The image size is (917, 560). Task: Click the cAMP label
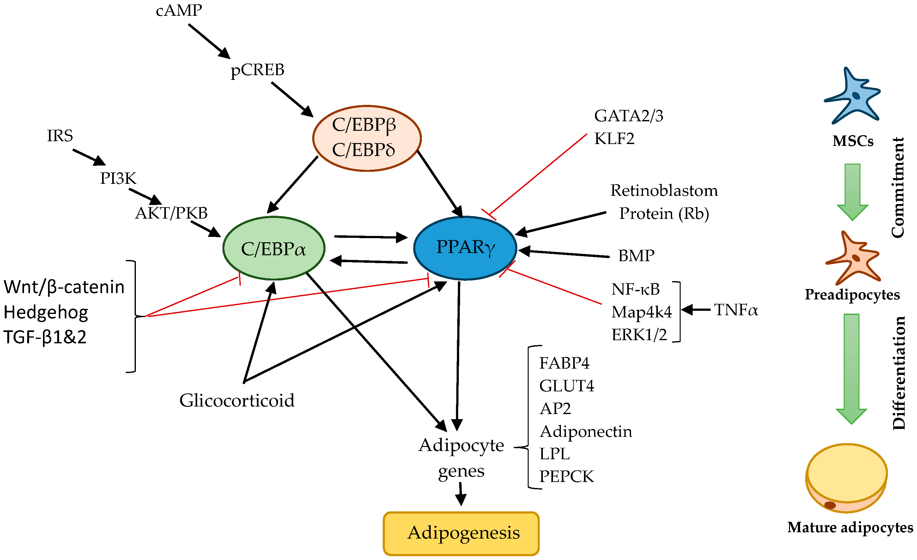(x=179, y=10)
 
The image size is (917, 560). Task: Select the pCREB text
(x=257, y=69)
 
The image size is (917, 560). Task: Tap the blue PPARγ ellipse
(x=465, y=247)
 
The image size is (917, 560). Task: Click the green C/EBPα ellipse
(x=274, y=249)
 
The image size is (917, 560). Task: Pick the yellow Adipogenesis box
(x=461, y=533)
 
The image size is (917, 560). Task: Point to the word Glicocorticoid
(x=237, y=400)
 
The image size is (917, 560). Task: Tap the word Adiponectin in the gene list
(x=586, y=431)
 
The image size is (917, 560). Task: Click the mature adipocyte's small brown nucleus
(x=829, y=505)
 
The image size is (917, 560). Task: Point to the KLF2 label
(x=614, y=138)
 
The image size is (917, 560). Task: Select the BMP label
(x=636, y=256)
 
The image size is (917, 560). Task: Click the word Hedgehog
(x=46, y=312)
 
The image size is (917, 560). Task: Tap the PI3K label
(x=118, y=178)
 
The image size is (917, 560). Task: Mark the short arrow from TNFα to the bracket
(x=695, y=310)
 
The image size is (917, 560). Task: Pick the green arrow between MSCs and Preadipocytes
(x=852, y=192)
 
